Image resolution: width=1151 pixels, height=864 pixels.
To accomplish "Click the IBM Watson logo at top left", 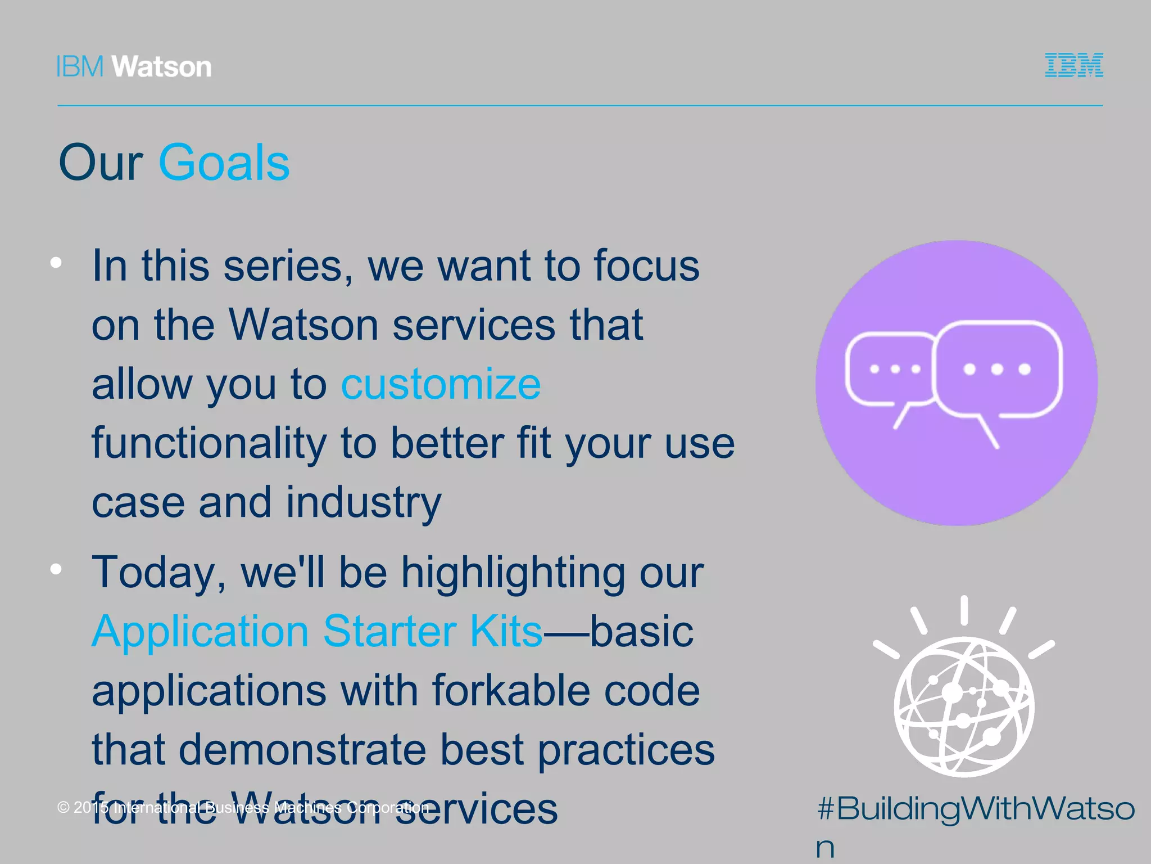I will point(134,67).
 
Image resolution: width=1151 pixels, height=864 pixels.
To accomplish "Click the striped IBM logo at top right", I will point(1073,65).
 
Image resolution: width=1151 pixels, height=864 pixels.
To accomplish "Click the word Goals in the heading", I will point(224,163).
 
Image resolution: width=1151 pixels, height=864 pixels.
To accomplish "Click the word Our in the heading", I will point(101,163).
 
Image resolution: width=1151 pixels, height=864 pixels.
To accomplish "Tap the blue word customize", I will point(441,384).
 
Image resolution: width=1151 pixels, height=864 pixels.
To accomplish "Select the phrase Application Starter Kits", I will point(317,631).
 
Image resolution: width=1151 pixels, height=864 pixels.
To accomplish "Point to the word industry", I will point(364,502).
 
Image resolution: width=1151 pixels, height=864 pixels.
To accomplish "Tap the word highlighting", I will point(513,573).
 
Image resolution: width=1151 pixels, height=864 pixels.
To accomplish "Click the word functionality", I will point(209,444).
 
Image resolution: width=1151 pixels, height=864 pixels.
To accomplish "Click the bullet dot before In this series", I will point(56,263).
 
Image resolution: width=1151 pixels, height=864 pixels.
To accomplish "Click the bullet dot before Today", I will point(56,569).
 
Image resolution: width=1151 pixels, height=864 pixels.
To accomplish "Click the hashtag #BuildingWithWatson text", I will point(976,810).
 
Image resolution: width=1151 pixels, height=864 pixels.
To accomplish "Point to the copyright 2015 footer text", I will point(243,808).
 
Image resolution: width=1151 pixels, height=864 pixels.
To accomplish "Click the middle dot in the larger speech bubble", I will point(997,369).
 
